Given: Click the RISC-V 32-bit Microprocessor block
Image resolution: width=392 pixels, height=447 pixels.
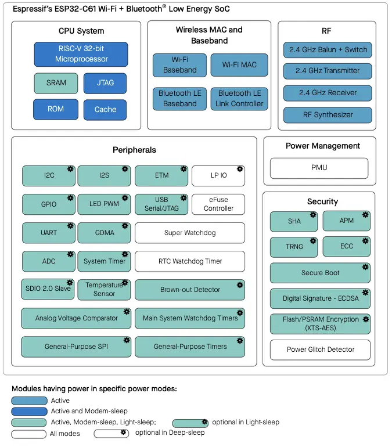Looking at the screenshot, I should [x=81, y=54].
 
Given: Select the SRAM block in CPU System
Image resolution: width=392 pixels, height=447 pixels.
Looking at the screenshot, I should [x=56, y=83].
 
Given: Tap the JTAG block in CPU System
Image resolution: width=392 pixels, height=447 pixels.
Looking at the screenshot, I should [x=105, y=83].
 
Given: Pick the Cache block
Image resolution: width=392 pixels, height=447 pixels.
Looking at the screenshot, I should [x=105, y=110].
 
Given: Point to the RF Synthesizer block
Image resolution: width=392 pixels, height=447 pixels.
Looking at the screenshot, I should [x=328, y=115].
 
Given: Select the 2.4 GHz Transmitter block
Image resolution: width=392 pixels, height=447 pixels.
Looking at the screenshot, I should [x=328, y=71].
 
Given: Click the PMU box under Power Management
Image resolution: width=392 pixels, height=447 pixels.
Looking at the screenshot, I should [x=319, y=168].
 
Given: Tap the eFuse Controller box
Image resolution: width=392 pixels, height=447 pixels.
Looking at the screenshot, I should [x=218, y=204].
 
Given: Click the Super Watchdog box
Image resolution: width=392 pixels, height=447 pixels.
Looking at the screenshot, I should [x=190, y=233].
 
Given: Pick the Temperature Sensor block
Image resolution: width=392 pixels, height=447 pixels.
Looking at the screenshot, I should [x=104, y=289].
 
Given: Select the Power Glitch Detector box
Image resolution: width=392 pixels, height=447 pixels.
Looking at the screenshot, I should [x=320, y=349].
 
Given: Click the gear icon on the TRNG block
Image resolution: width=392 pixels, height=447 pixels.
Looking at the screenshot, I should [x=312, y=240].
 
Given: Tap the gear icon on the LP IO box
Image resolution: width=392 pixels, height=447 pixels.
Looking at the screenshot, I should [x=239, y=170].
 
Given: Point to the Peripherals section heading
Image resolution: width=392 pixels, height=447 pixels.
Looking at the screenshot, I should [x=134, y=150].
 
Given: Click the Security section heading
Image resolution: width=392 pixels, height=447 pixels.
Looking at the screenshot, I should [x=322, y=201].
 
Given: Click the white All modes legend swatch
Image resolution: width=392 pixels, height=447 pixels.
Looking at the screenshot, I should [x=29, y=434].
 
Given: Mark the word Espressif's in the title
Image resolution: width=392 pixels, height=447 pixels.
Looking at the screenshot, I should [x=34, y=9].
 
